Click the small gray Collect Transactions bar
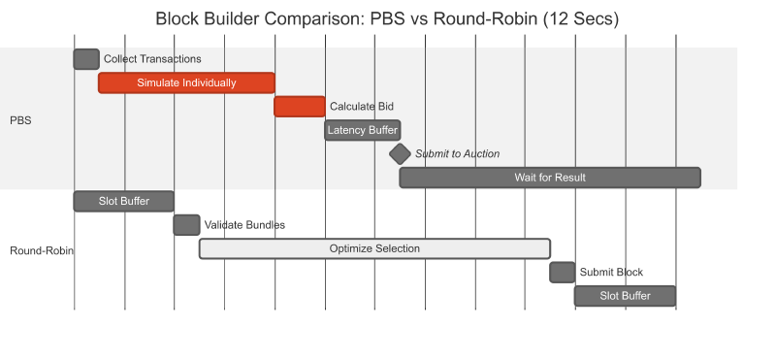(x=86, y=59)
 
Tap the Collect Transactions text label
(x=152, y=59)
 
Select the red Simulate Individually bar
(x=186, y=82)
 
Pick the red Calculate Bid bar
(x=300, y=107)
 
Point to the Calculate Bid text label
(x=362, y=107)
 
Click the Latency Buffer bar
(x=362, y=130)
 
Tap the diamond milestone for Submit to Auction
(x=400, y=153)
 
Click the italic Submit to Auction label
(x=458, y=154)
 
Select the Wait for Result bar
(x=550, y=178)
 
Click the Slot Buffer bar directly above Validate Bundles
(x=124, y=201)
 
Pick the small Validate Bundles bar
(x=186, y=225)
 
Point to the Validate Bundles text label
(x=244, y=225)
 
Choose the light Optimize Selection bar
(x=374, y=248)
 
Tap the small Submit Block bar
(x=563, y=273)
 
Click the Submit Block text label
(x=611, y=273)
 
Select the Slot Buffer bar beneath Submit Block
(x=625, y=296)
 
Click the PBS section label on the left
(x=20, y=120)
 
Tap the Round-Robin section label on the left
(x=42, y=251)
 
